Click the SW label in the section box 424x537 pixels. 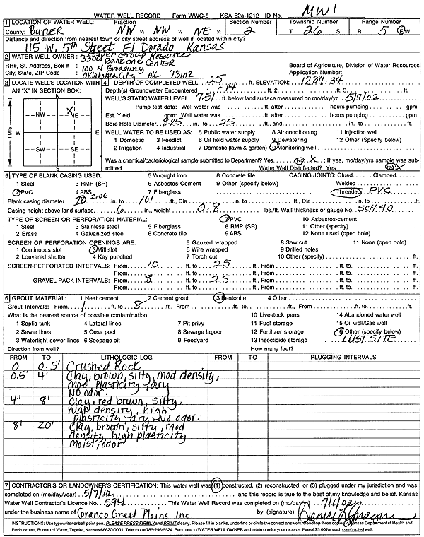(x=41, y=149)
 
